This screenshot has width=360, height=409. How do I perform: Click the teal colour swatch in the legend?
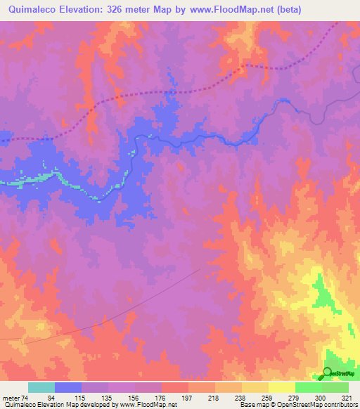click(41, 387)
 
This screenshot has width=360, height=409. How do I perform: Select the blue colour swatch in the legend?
click(68, 387)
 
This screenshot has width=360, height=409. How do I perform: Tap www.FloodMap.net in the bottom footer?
click(148, 405)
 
